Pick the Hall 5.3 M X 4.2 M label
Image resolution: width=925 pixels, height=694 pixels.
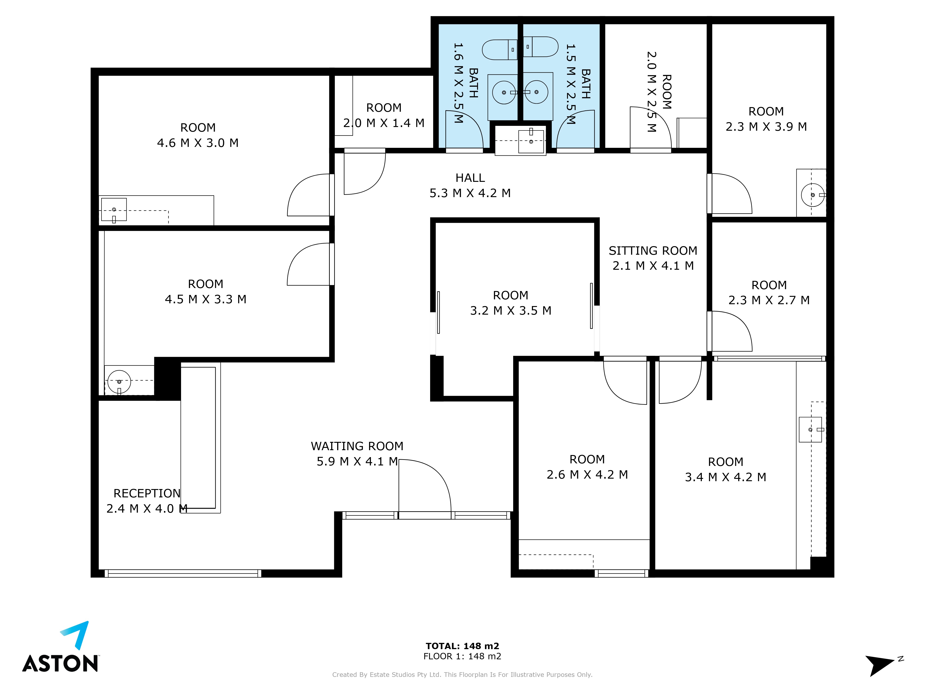tap(470, 185)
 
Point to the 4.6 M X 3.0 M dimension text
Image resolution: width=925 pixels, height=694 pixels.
tap(198, 143)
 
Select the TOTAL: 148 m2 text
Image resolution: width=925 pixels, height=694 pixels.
tap(462, 646)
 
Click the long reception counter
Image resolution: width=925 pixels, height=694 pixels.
tap(200, 438)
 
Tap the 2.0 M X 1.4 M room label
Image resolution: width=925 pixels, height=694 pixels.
tap(384, 115)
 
